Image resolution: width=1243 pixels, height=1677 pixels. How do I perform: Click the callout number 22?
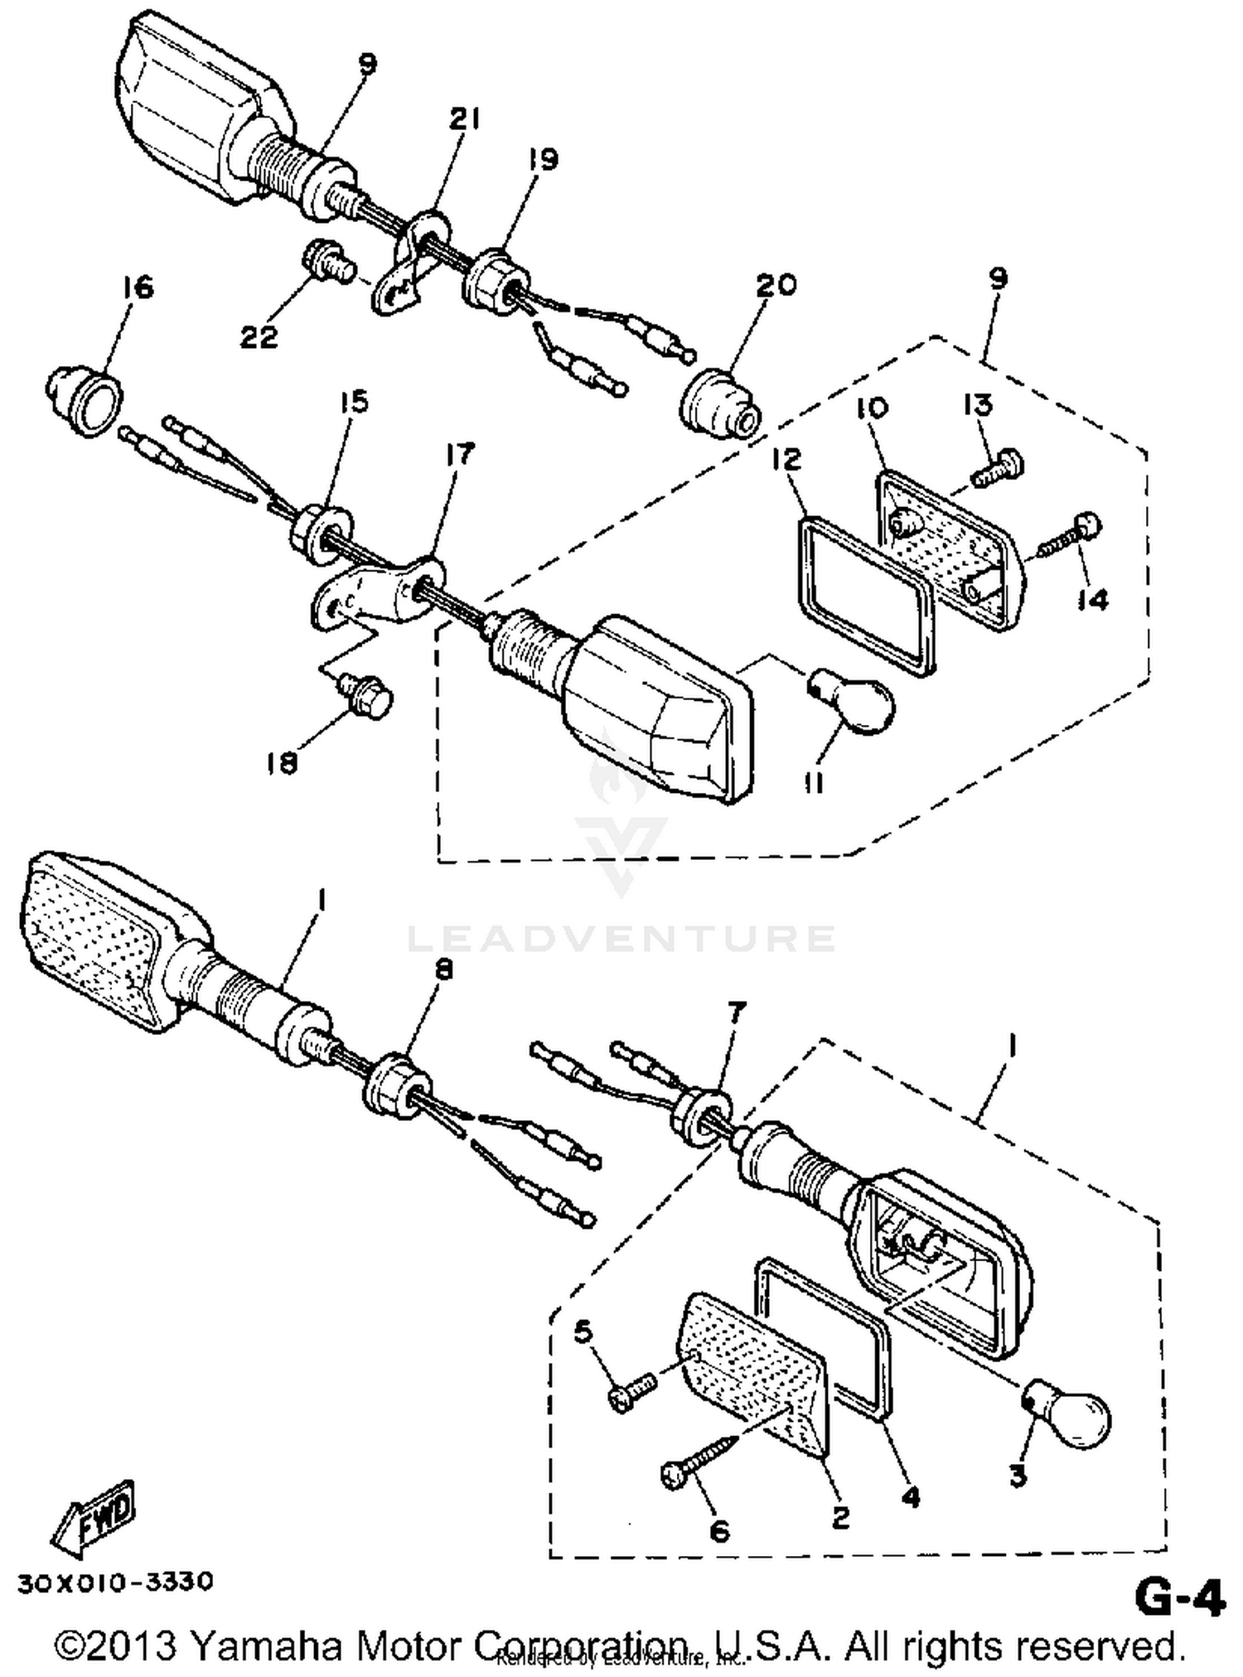[259, 337]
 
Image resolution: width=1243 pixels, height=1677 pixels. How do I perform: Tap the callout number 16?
[138, 288]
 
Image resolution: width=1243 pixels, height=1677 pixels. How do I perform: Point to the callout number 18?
[282, 763]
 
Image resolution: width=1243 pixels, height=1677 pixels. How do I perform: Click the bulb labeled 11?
[853, 703]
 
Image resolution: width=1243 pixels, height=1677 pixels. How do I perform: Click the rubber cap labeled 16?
[85, 401]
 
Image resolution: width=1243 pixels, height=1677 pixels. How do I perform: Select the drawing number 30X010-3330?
[115, 1582]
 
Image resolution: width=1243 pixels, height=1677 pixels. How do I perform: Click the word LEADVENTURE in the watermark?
[621, 938]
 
